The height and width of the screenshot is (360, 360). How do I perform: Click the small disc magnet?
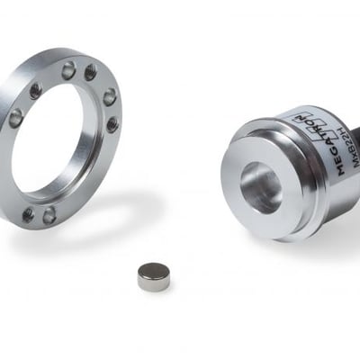coord(153,276)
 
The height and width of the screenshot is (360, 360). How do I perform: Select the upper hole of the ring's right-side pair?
coord(110,97)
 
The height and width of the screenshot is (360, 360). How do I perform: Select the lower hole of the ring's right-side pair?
coord(112,123)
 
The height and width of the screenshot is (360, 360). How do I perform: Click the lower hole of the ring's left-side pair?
coord(15,117)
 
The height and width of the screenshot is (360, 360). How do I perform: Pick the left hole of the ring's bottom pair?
coord(28,214)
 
